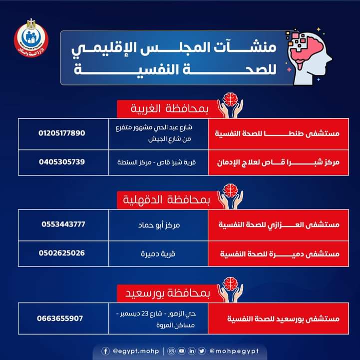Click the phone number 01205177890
point(62,133)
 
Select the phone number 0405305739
point(62,162)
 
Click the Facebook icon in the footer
point(105,351)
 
